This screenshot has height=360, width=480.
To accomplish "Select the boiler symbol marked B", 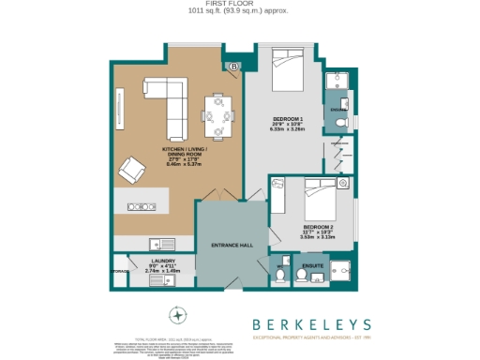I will (x=233, y=67).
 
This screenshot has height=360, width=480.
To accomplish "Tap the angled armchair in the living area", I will (x=131, y=171).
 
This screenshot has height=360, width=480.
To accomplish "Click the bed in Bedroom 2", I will (x=321, y=201).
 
